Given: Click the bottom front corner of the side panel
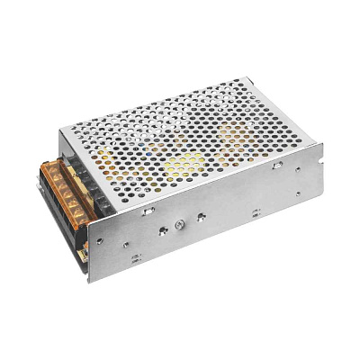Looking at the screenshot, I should [x=89, y=282].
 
